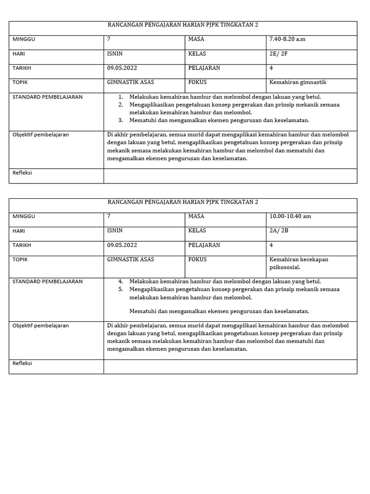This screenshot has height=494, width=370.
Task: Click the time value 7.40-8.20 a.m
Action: (288, 39)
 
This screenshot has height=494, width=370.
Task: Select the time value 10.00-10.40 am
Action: (290, 216)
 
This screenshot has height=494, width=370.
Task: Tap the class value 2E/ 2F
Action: (279, 54)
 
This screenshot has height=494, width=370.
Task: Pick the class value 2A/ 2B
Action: (279, 231)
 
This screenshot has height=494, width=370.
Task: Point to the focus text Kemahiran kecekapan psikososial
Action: (299, 263)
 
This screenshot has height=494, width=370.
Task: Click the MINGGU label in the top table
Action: (24, 39)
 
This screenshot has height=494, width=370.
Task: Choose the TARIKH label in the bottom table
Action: (22, 245)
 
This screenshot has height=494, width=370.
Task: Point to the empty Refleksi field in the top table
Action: (230, 176)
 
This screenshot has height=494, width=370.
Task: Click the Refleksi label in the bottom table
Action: (22, 363)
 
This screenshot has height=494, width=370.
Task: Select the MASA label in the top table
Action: (196, 39)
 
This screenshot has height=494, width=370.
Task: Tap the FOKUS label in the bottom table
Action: (198, 259)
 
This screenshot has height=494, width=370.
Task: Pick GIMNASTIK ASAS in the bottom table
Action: (131, 259)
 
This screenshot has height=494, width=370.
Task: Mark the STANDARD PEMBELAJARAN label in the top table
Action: (47, 97)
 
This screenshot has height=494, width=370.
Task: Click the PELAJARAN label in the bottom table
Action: (204, 245)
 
